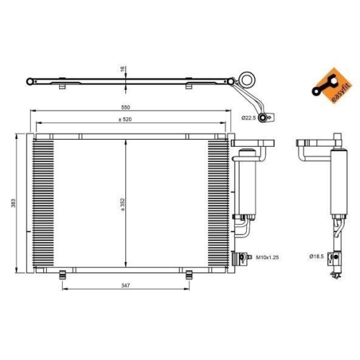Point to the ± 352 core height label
[x=122, y=204]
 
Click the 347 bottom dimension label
[x=127, y=287]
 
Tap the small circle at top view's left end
[x=30, y=81]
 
